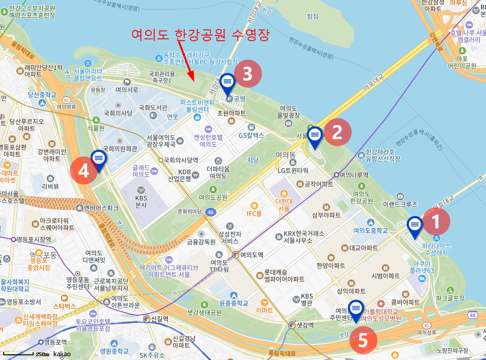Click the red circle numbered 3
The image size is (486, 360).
tap(248, 73)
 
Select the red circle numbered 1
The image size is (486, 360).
tap(436, 222)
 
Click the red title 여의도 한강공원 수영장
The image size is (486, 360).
tap(200, 35)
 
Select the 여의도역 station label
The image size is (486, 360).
tap(251, 255)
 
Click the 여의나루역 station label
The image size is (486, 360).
tap(354, 175)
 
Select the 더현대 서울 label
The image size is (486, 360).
tap(283, 204)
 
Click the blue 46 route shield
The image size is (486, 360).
tap(211, 212)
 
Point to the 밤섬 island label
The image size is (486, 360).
tap(312, 16)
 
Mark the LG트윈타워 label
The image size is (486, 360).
tap(293, 170)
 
